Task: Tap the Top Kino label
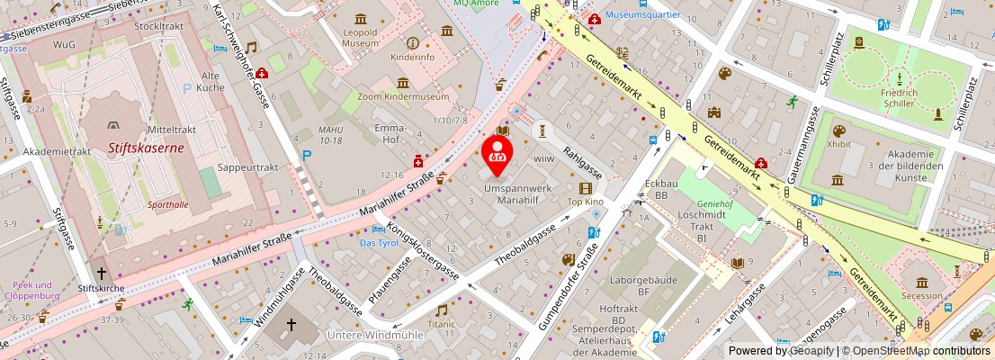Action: click(x=585, y=202)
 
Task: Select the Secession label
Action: click(x=923, y=295)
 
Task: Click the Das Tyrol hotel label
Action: click(x=379, y=244)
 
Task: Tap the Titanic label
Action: click(x=442, y=323)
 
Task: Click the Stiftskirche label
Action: click(x=101, y=288)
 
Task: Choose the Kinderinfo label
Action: click(x=412, y=57)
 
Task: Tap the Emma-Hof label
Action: click(x=389, y=134)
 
